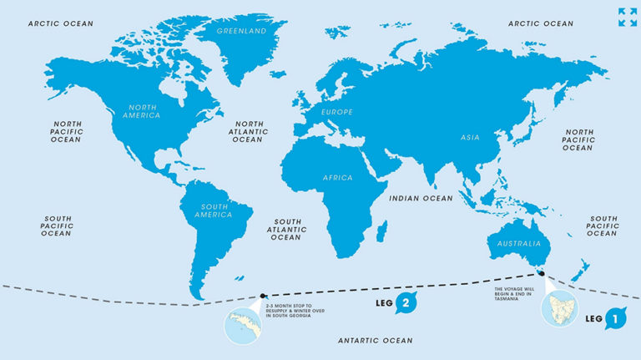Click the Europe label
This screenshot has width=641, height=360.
tap(337, 112)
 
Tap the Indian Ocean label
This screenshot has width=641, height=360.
tap(421, 198)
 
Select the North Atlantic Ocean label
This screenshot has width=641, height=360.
tap(248, 131)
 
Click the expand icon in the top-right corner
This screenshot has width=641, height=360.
tap(627, 17)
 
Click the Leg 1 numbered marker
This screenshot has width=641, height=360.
tap(615, 318)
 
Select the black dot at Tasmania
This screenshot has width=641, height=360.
tap(541, 273)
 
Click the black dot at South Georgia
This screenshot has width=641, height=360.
tap(264, 295)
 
